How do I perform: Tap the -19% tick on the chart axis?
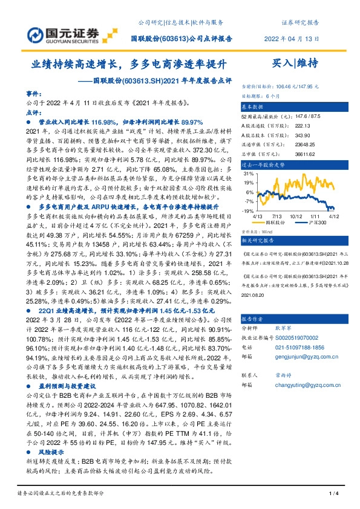click(247, 211)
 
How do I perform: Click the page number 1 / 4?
click(332, 494)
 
